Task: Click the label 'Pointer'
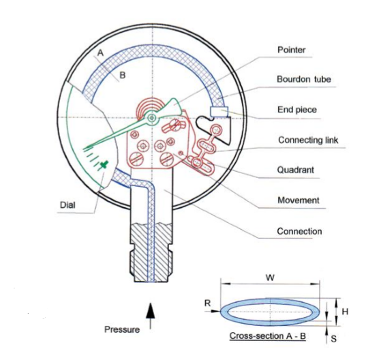coord(291,50)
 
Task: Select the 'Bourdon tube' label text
coord(304,79)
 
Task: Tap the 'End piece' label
coord(297,110)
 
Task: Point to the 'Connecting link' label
coord(308,140)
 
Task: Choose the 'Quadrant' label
coord(296,170)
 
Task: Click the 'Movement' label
coord(299,200)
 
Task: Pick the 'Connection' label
coord(299,231)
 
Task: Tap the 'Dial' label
coord(67,205)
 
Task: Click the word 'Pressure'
coord(122,329)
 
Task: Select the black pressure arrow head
coord(151,310)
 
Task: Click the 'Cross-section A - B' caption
coord(267,336)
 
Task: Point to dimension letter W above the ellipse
coord(270,277)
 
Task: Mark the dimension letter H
coord(345,312)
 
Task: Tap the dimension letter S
coord(334,338)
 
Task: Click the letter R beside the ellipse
coord(207,303)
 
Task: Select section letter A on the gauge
coord(100,52)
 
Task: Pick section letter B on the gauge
coord(123,75)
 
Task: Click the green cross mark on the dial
coord(104,164)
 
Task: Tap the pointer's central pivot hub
coord(152,118)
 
